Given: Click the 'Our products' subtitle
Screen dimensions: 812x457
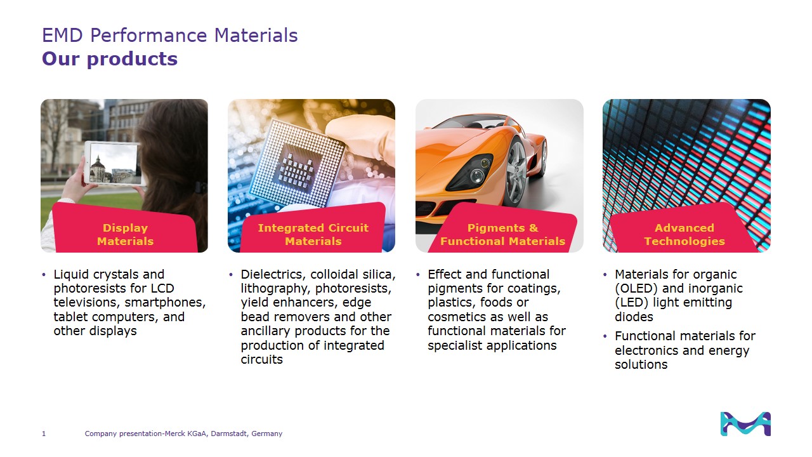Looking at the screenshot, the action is (110, 59).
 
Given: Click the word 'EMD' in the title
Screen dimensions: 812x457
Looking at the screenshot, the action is (62, 35).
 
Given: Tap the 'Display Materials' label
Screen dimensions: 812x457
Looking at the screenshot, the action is (126, 234).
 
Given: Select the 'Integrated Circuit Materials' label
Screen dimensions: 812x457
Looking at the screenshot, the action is (313, 234).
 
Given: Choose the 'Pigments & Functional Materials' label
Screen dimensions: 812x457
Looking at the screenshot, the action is (503, 234).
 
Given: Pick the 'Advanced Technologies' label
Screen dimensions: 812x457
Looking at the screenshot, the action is (684, 234).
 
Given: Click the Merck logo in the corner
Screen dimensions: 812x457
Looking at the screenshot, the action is (745, 423).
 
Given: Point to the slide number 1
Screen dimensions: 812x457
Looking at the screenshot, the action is (44, 434).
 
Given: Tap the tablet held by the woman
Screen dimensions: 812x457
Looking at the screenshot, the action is (113, 163).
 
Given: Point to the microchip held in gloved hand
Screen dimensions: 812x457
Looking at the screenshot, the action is (298, 164).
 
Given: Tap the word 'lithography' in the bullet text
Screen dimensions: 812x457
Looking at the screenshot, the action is (275, 289).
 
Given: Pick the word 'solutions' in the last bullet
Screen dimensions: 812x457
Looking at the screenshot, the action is (641, 364).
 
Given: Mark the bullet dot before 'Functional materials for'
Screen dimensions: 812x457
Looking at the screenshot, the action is (605, 336).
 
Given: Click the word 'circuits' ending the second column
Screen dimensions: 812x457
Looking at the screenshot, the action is (262, 359).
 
